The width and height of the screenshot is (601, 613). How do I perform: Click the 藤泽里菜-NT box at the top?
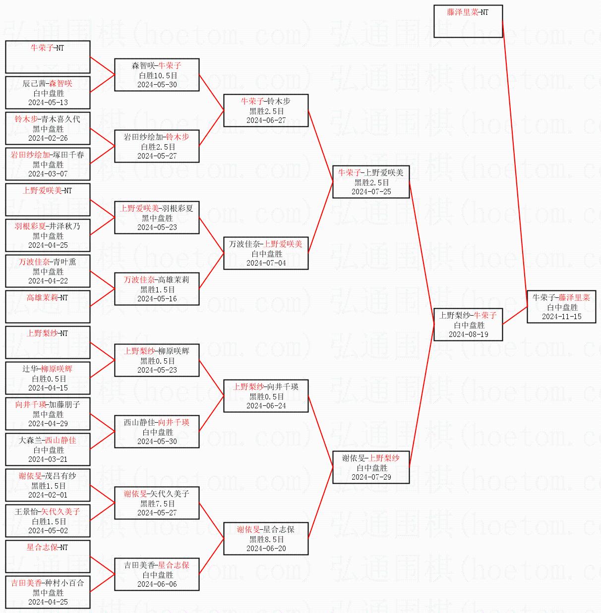tap(468, 21)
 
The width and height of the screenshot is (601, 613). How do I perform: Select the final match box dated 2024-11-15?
tap(561, 307)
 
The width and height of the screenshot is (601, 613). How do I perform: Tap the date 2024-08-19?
tap(468, 334)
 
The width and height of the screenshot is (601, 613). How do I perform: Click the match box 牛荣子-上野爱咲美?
tap(371, 182)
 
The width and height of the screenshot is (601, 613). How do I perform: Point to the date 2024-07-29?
tap(371, 477)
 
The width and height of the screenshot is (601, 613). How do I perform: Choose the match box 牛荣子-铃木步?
tap(266, 111)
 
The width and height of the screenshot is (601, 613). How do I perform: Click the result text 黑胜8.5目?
tap(266, 539)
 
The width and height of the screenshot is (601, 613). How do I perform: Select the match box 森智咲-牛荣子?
tap(157, 75)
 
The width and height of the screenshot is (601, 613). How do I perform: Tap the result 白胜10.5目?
tap(157, 75)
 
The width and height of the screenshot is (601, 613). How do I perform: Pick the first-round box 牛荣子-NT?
tap(48, 56)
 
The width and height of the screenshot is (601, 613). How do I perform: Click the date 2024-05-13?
tap(48, 103)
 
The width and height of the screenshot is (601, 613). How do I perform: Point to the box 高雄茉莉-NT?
tap(48, 306)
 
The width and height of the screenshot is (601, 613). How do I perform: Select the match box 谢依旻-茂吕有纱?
tap(48, 485)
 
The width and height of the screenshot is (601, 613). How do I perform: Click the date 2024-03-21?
tap(48, 459)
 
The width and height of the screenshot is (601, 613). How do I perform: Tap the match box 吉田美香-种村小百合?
tap(48, 592)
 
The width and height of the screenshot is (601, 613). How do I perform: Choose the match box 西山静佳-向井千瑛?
tap(157, 432)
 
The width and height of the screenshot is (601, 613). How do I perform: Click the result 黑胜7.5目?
tap(157, 503)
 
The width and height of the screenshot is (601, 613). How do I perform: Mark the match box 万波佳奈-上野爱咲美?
tap(266, 253)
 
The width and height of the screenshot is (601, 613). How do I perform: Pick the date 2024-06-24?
tap(266, 406)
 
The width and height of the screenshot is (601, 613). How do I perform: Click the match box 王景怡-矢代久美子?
tap(48, 520)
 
